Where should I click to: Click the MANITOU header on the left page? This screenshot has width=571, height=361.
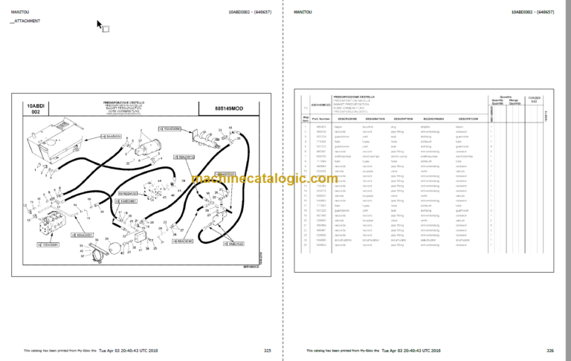pyautogui.click(x=18, y=12)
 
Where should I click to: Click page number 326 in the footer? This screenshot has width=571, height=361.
pyautogui.click(x=550, y=350)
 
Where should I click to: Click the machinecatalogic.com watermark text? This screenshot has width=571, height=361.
pyautogui.click(x=285, y=178)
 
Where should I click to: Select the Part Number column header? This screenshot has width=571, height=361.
pyautogui.click(x=320, y=119)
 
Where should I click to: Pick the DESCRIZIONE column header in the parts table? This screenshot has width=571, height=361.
pyautogui.click(x=348, y=119)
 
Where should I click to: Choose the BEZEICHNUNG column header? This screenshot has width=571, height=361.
pyautogui.click(x=433, y=119)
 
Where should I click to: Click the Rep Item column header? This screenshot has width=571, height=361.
pyautogui.click(x=305, y=119)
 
